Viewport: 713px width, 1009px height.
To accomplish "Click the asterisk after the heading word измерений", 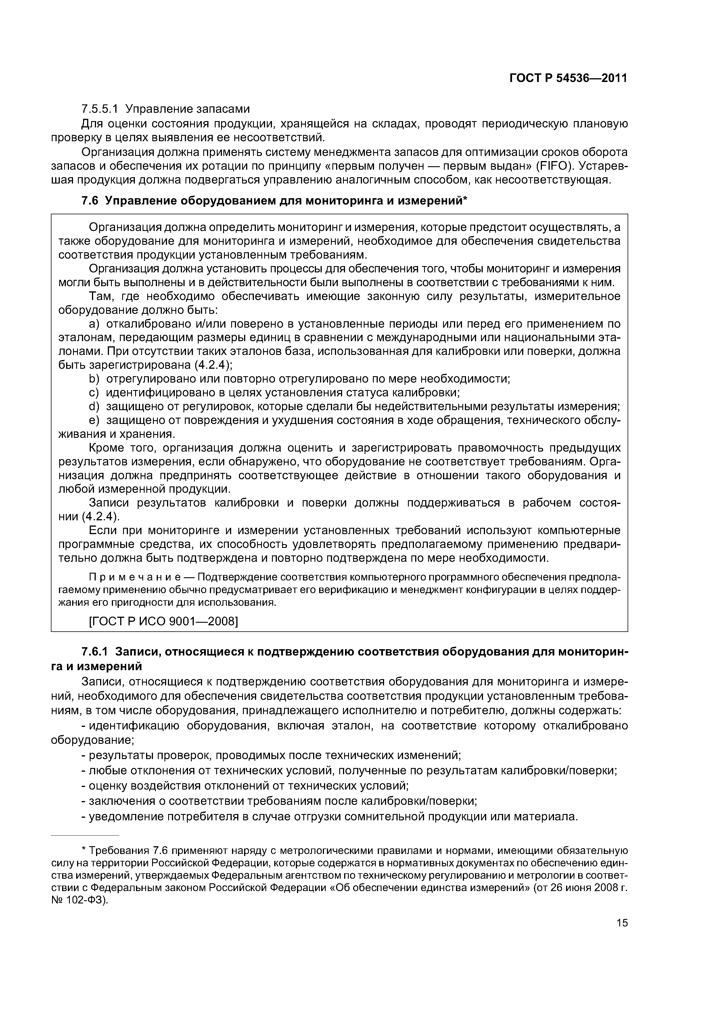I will (466, 199).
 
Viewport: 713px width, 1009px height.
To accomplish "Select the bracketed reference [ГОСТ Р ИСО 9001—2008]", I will (163, 622).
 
